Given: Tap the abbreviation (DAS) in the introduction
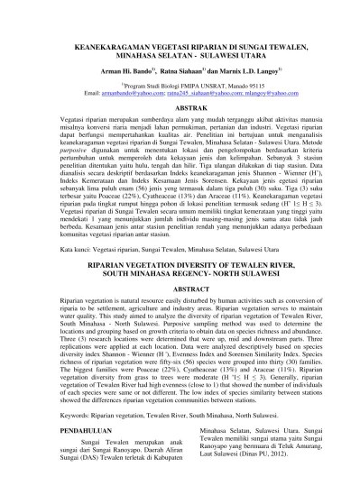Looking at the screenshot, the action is (66, 467).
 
